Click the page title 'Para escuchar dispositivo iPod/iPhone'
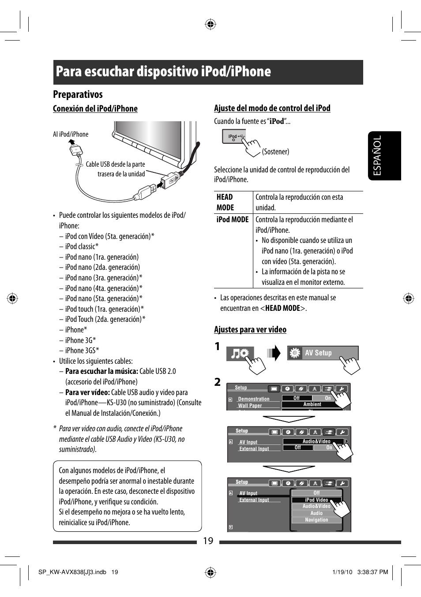click(163, 72)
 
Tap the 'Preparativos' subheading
click(78, 94)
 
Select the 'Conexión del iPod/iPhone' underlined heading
click(95, 109)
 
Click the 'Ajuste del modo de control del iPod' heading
click(272, 108)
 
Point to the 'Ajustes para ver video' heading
click(250, 330)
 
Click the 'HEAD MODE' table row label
click(225, 202)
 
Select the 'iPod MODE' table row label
click(233, 220)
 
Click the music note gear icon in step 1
click(240, 354)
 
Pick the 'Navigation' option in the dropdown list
click(316, 520)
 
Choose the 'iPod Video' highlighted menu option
click(316, 500)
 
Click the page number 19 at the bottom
click(208, 541)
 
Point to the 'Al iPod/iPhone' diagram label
click(71, 134)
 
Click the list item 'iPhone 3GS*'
click(82, 351)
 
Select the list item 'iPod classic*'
click(82, 246)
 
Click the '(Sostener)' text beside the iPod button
click(275, 152)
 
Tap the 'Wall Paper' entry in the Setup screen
click(250, 406)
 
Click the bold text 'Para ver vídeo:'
click(87, 392)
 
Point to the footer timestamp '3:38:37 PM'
click(372, 572)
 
